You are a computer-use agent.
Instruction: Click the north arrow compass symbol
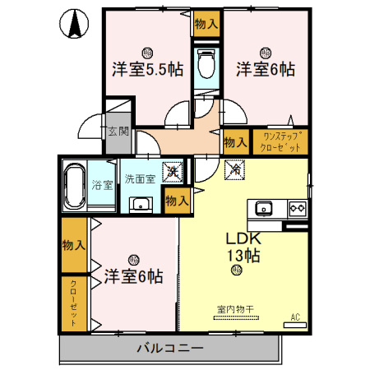point(74,25)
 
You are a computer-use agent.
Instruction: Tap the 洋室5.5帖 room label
point(147,70)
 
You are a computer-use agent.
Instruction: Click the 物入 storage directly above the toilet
point(206,25)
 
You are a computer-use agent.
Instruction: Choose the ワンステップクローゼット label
point(282,141)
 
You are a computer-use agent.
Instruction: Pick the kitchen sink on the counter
point(263,207)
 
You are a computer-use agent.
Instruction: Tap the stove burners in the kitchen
point(295,207)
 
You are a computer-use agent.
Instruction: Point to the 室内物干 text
point(234,309)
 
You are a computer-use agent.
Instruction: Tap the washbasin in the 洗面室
point(141,204)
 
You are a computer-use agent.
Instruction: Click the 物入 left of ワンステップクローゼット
point(235,141)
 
